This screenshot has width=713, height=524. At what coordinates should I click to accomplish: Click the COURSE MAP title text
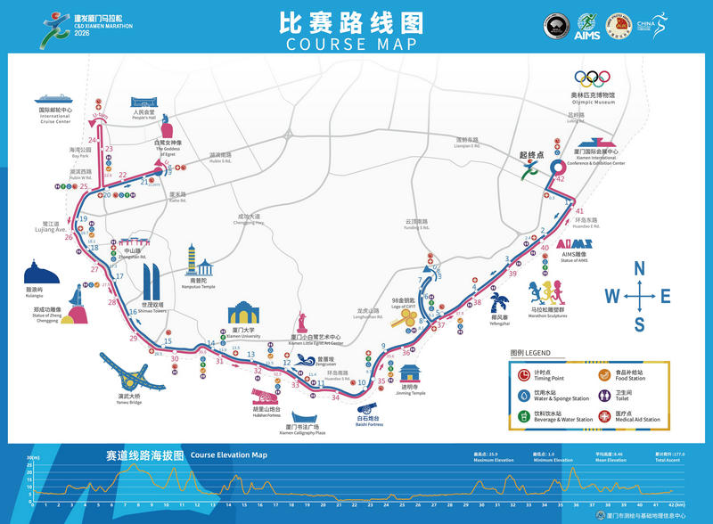point(356,45)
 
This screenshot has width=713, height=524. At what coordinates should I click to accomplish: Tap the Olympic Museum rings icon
point(593,78)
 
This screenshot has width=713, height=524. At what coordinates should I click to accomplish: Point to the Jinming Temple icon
point(410,373)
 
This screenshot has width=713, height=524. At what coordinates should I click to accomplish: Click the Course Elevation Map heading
point(229,454)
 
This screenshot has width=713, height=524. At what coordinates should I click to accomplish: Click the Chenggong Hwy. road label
point(249,218)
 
